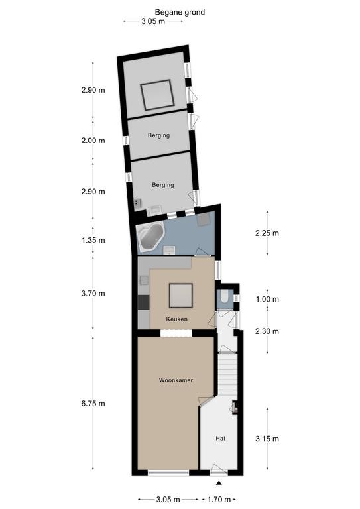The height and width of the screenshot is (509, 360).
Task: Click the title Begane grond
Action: [180, 13]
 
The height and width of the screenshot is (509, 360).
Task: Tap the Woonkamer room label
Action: [176, 380]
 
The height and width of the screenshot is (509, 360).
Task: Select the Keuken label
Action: [176, 319]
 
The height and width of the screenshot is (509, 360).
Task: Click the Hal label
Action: [220, 439]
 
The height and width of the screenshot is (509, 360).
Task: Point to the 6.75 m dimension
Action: [93, 404]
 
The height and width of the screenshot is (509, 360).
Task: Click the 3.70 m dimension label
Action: [93, 294]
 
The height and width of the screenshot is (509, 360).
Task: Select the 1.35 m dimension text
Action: [93, 240]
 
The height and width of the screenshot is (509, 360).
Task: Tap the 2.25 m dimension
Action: [267, 233]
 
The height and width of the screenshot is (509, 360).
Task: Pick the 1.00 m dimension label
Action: [267, 299]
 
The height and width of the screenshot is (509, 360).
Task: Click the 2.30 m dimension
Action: [267, 331]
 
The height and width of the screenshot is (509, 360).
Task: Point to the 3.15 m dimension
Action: [267, 439]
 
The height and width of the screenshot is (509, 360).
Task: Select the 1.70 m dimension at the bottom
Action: [219, 499]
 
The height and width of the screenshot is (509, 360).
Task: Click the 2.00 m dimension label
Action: [93, 141]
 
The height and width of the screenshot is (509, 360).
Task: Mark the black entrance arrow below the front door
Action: [219, 483]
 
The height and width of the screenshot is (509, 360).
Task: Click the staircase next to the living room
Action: [227, 374]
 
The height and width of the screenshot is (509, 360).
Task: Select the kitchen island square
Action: [181, 296]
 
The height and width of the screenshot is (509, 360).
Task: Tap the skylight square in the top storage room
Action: [157, 95]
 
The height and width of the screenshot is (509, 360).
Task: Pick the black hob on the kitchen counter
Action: [143, 302]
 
